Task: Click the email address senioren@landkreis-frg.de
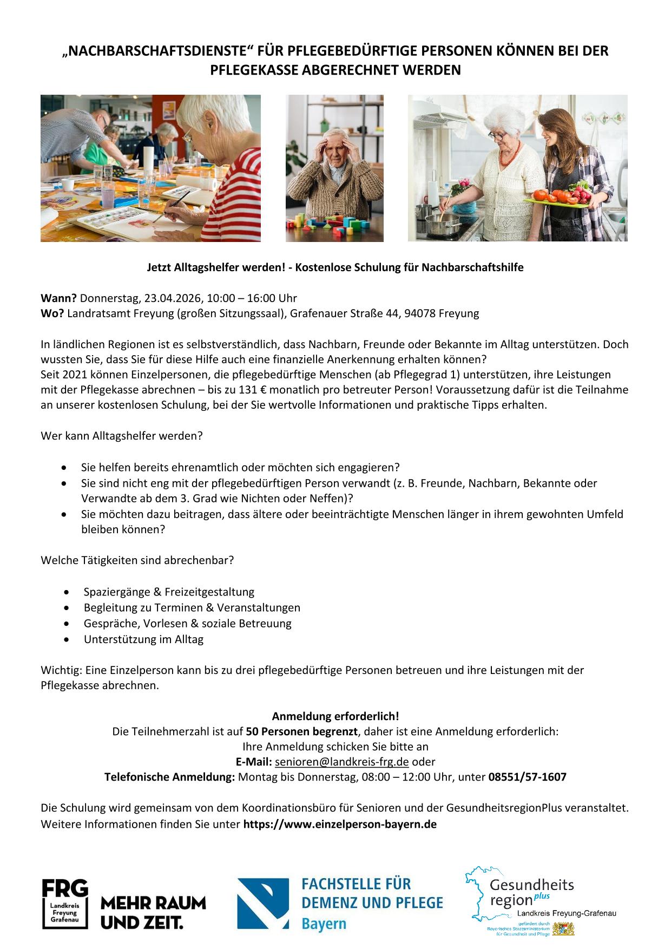click(x=341, y=762)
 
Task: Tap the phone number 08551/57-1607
click(x=527, y=777)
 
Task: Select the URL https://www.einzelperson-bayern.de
click(x=340, y=824)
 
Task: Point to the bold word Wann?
click(x=59, y=298)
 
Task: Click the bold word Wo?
click(x=52, y=313)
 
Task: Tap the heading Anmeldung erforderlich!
click(x=335, y=716)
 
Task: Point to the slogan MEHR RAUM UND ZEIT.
click(x=153, y=913)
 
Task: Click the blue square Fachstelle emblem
click(x=263, y=904)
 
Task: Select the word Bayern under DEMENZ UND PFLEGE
click(x=324, y=924)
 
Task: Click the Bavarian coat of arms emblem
click(x=563, y=929)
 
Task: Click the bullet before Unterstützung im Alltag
click(x=66, y=639)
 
